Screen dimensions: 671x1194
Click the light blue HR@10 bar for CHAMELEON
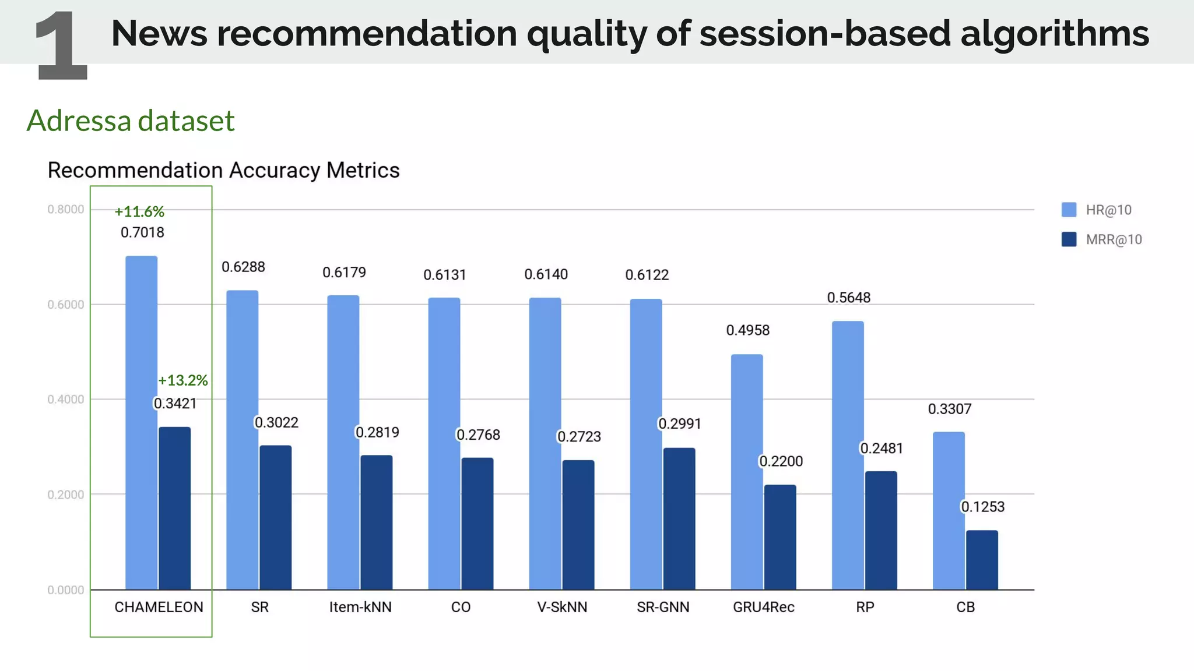(142, 422)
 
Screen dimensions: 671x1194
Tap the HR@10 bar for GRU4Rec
(747, 472)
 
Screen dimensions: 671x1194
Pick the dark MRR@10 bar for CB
(982, 560)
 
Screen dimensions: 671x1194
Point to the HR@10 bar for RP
(848, 455)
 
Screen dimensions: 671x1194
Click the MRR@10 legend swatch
(1069, 239)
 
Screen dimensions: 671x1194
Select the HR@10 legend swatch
(1069, 210)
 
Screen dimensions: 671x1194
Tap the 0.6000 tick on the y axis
(66, 305)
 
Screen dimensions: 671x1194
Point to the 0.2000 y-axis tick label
(66, 495)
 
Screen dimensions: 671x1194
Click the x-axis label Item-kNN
(360, 607)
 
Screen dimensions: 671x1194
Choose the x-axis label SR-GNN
(663, 607)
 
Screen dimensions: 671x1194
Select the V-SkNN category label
(562, 607)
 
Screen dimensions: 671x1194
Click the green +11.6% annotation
(139, 211)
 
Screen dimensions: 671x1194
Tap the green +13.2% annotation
(183, 380)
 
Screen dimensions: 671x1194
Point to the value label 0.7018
(142, 232)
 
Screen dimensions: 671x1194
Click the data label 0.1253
(982, 507)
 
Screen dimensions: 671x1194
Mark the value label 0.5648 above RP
(848, 298)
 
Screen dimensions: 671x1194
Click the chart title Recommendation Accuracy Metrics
(223, 170)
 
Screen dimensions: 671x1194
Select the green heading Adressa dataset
(131, 121)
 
